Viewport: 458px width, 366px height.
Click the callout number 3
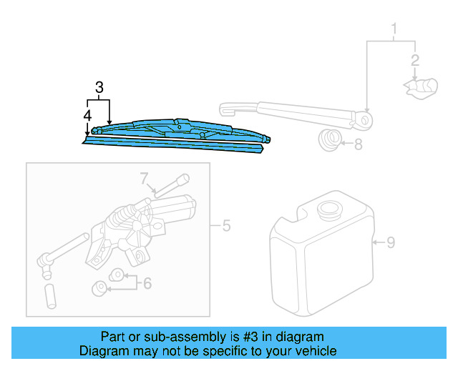click(x=99, y=88)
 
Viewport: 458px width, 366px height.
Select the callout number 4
click(x=87, y=114)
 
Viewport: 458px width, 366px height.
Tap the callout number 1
click(x=393, y=29)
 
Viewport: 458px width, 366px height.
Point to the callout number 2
click(x=414, y=60)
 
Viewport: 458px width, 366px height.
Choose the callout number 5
click(x=226, y=227)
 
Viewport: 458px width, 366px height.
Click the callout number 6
click(x=147, y=283)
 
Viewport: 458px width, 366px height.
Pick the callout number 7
click(x=144, y=177)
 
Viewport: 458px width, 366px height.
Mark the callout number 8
click(x=358, y=144)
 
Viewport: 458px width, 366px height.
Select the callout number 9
click(x=391, y=242)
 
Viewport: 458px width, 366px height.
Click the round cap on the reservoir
click(x=330, y=212)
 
